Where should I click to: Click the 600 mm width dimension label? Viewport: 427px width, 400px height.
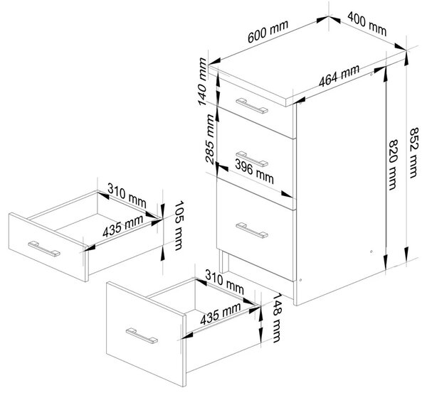(x=268, y=31)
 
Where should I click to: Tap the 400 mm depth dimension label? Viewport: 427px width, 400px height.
(x=367, y=23)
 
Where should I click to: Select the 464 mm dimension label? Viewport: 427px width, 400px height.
(x=339, y=76)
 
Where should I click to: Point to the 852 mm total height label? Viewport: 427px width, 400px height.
(x=413, y=153)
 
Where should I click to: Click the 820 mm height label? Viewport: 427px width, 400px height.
(x=392, y=165)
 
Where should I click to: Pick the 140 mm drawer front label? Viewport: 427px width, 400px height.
(x=202, y=82)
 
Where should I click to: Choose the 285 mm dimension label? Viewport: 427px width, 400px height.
(x=209, y=139)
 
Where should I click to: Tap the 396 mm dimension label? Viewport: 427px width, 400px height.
(x=254, y=172)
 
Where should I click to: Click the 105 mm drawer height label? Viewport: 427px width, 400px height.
(x=179, y=225)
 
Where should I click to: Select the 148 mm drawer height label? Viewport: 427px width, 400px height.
(x=276, y=318)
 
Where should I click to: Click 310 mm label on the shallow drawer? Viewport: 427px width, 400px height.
(x=127, y=195)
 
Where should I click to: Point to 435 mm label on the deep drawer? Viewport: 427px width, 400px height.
(x=221, y=313)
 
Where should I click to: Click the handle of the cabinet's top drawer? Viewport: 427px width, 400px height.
(x=252, y=106)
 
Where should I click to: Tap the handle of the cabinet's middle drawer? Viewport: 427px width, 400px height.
(x=252, y=158)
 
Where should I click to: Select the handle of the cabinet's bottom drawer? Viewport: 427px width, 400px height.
(x=252, y=230)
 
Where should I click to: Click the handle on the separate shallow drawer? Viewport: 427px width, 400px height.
(x=44, y=249)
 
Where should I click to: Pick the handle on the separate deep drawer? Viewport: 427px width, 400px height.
(x=142, y=336)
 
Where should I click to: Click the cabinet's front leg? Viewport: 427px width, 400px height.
(x=224, y=261)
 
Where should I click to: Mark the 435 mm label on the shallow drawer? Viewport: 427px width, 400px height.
(x=123, y=226)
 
